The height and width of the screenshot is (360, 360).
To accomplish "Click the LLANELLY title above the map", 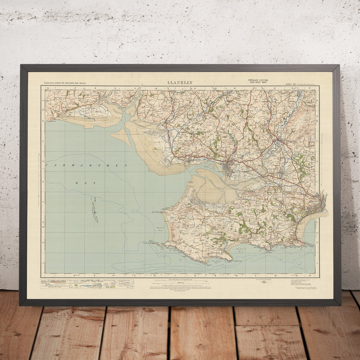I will click(x=180, y=83).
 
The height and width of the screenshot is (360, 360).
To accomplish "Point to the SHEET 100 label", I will click(x=291, y=84).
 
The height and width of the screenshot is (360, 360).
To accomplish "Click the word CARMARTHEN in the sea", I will click(x=86, y=165).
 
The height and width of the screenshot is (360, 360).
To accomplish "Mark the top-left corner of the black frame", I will click(x=21, y=66).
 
